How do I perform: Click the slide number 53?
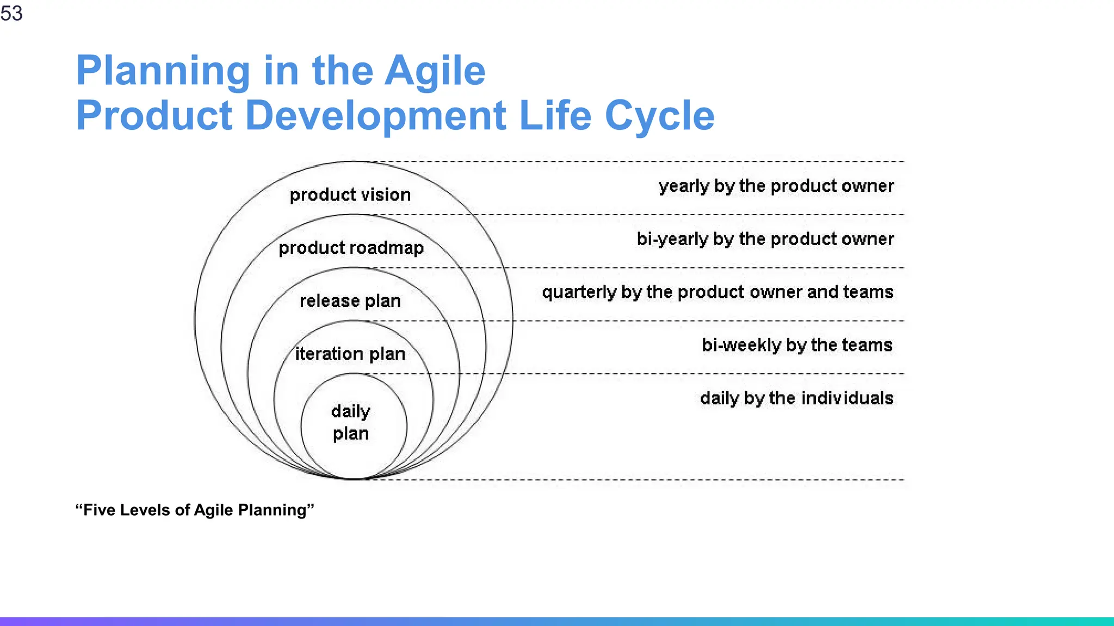tap(11, 13)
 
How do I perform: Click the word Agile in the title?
tap(435, 71)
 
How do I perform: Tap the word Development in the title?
tap(376, 116)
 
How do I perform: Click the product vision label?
tap(350, 195)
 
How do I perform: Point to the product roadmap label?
tap(351, 248)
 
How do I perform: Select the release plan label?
tap(350, 301)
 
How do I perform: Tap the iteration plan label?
tap(350, 354)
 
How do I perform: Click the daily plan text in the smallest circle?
tap(351, 422)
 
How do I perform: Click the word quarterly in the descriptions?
tap(579, 292)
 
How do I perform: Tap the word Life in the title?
tap(555, 116)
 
